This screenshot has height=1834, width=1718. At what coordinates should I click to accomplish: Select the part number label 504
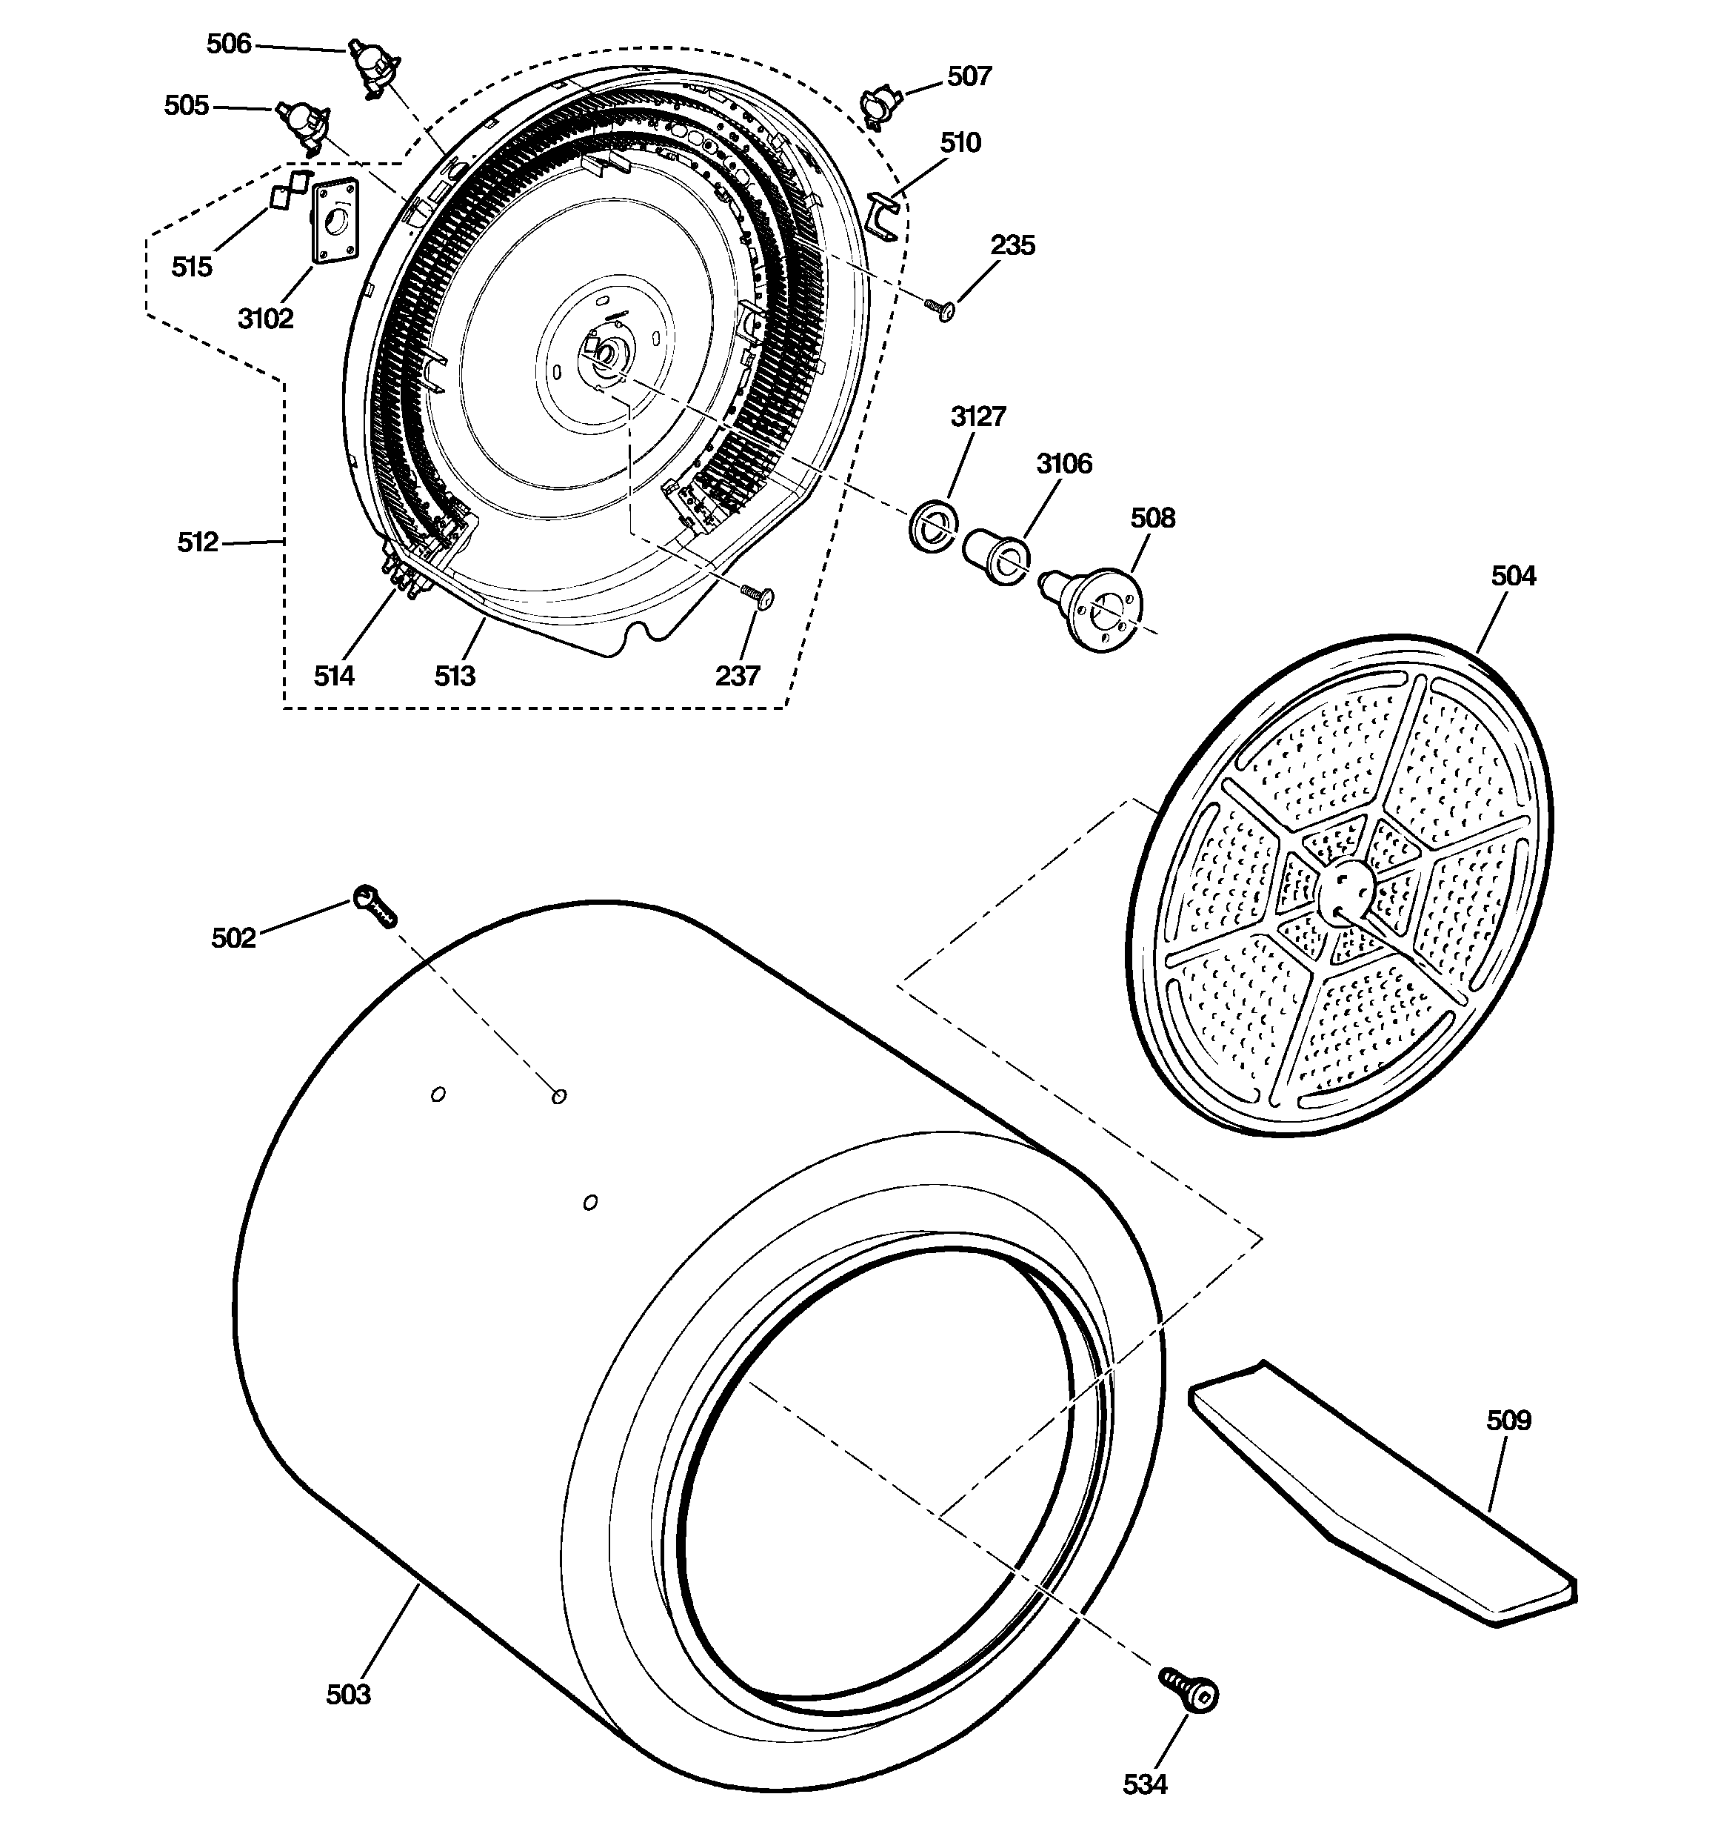coord(1514,577)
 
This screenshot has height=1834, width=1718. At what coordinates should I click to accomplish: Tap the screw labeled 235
coord(940,309)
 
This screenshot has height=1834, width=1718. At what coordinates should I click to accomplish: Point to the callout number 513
coord(455,677)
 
